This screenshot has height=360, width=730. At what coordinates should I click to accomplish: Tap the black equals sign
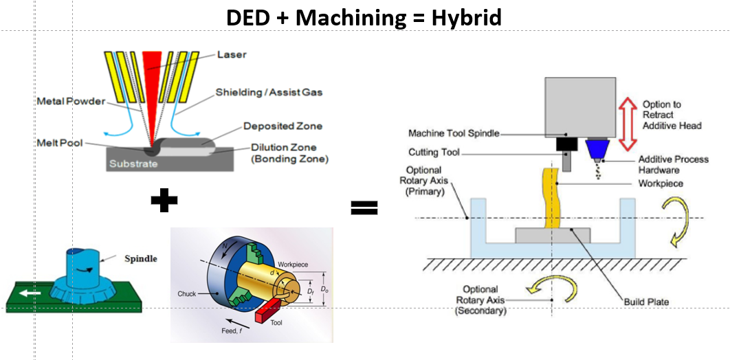click(364, 207)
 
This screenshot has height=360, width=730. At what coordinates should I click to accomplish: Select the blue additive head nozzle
click(595, 149)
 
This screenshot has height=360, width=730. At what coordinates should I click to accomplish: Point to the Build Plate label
click(647, 302)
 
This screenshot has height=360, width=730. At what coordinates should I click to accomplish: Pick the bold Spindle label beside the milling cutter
click(141, 259)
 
